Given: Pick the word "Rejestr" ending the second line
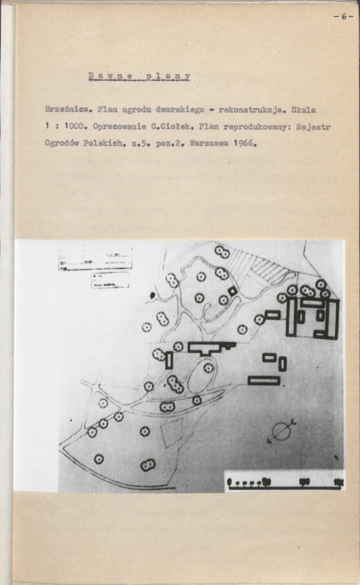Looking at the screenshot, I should [x=314, y=127].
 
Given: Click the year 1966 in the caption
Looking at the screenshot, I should [x=242, y=144].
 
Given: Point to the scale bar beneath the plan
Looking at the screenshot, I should [x=285, y=484].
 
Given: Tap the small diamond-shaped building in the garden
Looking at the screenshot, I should [x=232, y=291].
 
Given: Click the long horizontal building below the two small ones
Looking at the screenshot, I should [x=264, y=380].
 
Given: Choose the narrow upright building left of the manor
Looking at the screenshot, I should [x=169, y=360].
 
